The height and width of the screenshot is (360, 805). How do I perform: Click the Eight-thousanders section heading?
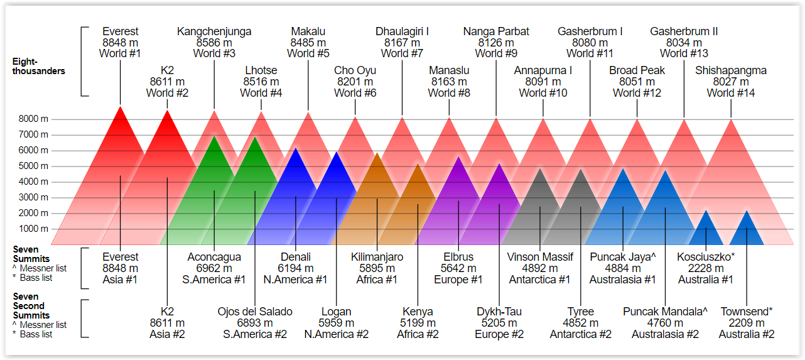38,66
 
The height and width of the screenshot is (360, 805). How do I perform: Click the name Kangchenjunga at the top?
214,31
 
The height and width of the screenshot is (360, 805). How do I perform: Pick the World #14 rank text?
730,93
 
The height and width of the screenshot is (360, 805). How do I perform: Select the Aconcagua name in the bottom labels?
214,257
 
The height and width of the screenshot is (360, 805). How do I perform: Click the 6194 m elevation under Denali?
295,268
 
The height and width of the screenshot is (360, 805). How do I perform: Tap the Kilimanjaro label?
377,257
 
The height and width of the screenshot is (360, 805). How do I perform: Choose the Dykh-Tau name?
499,312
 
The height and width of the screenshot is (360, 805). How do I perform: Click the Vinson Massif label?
540,257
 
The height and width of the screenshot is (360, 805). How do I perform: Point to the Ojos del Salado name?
255,312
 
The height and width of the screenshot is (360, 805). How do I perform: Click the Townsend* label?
746,312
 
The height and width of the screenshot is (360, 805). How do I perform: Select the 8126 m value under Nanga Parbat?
496,43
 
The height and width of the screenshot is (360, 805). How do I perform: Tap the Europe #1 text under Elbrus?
458,280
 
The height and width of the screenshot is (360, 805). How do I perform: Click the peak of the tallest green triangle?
214,136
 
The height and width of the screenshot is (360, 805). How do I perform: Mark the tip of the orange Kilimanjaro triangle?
377,153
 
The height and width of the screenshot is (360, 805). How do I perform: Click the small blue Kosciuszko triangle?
706,229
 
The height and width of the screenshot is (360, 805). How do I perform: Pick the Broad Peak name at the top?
637,70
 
